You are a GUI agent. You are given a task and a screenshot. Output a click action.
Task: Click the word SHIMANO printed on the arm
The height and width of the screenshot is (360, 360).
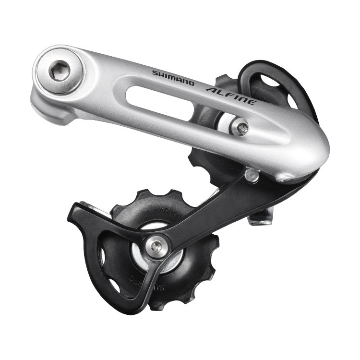(x=173, y=78)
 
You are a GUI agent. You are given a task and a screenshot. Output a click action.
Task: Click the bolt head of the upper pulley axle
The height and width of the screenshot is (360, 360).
(x=240, y=127)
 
